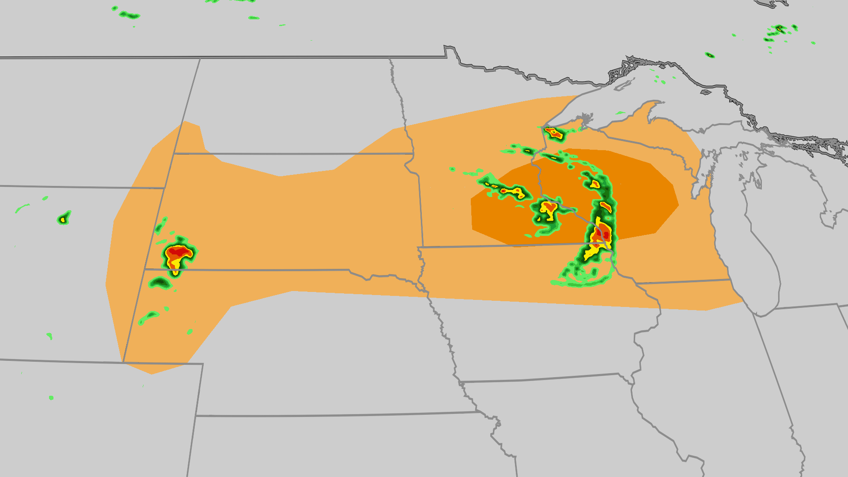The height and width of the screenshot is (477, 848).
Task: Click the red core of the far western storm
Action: [x=178, y=253]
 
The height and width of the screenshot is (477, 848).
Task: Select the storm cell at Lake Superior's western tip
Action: [x=553, y=132]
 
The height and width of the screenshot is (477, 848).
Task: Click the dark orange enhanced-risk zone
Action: [x=574, y=199]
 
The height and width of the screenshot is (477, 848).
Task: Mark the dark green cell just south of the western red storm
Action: [x=160, y=282]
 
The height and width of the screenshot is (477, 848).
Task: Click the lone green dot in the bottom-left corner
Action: [x=51, y=398]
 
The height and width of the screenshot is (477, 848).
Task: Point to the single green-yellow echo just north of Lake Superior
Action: [x=709, y=55]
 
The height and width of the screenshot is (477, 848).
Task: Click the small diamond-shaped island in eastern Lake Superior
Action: [x=706, y=92]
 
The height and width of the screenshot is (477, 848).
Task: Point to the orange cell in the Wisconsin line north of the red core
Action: [x=606, y=206]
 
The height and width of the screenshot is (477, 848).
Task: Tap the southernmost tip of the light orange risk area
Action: [x=152, y=374]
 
